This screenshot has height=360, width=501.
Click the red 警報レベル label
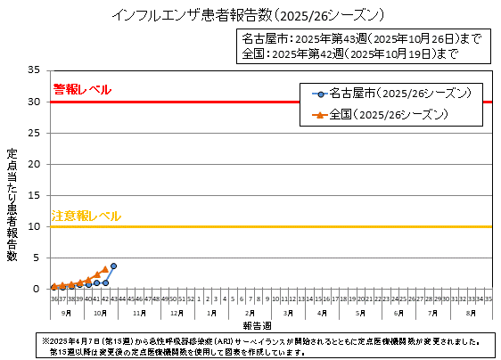[82, 90]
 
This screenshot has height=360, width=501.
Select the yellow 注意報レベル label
[86, 216]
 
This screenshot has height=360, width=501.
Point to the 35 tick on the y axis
[35, 70]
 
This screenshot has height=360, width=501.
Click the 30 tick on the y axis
[35, 102]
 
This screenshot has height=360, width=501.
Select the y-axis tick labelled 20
[35, 164]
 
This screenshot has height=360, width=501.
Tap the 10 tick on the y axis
[35, 226]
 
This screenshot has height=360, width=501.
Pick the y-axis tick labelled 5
[37, 258]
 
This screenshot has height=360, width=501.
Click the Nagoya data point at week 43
[113, 266]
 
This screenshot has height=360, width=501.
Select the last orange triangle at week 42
[105, 268]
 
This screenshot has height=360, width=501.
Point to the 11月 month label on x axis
[139, 314]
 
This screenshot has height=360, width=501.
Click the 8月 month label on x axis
[471, 314]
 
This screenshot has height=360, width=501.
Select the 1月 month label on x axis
[211, 314]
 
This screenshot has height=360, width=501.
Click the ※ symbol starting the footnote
[46, 341]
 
